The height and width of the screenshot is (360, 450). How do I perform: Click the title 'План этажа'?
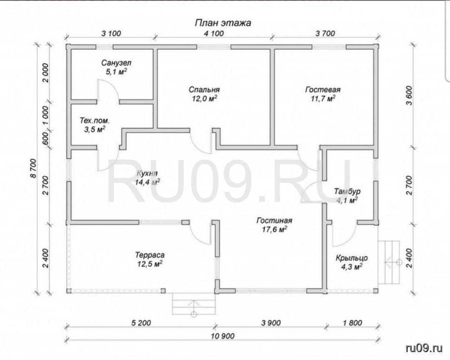coord(223,23)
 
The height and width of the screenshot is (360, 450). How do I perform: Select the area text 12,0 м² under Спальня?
coord(204,99)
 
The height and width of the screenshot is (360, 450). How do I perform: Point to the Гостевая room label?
coord(323,90)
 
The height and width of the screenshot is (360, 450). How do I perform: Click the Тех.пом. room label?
coord(94,121)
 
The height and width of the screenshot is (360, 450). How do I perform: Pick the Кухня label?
coord(147,174)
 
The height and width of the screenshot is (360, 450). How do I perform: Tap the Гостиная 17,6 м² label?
coord(274,225)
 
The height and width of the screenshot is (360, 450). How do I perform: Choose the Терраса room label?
coord(150,255)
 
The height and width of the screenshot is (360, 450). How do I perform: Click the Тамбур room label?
coord(347,191)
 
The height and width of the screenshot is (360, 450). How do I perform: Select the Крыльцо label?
coord(352,258)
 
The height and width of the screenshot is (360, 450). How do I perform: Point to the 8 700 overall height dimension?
coord(34,168)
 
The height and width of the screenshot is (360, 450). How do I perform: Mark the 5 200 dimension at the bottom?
coord(141,323)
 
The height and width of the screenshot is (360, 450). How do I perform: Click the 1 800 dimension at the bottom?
coord(352,323)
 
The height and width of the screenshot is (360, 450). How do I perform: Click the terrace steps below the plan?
coord(194,304)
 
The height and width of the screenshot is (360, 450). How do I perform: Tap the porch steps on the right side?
coord(389,262)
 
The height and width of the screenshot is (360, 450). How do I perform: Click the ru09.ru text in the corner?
coord(424,348)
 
